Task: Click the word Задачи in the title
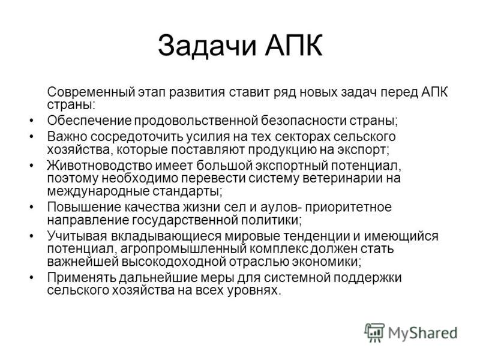(207, 46)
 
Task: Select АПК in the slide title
(293, 46)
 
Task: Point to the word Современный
(91, 92)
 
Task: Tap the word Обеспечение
(89, 121)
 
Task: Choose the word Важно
(67, 137)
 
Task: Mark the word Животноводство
(100, 166)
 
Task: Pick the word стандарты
(187, 192)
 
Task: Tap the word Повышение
(84, 207)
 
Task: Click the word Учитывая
(77, 236)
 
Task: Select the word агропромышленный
(184, 249)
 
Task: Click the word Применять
(82, 278)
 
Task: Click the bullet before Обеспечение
(32, 121)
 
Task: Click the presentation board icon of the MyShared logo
(374, 332)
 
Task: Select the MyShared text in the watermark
(423, 333)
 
